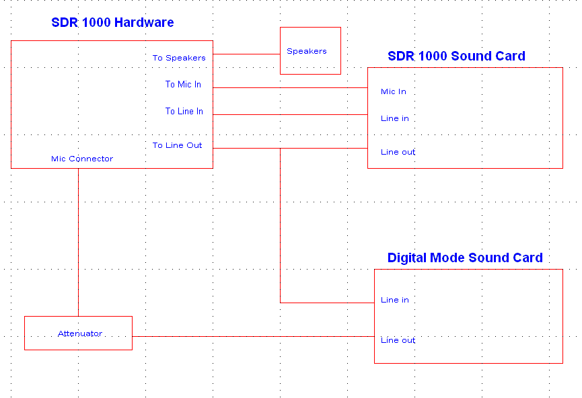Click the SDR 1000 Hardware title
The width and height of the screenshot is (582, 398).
[x=112, y=22]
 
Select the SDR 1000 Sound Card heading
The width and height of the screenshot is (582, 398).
[x=457, y=56]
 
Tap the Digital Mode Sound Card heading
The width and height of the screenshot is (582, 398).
[x=465, y=257]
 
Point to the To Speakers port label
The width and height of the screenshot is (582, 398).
[x=179, y=58]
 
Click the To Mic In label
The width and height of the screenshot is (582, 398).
[x=184, y=85]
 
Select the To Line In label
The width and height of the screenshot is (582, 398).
[x=184, y=112]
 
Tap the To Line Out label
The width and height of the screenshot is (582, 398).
[x=177, y=145]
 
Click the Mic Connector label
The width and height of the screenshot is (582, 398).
[x=82, y=159]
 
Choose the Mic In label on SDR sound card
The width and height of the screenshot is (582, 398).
[x=394, y=91]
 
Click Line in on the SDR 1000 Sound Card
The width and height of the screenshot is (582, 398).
[x=395, y=118]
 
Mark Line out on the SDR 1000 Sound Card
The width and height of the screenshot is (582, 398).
[x=398, y=152]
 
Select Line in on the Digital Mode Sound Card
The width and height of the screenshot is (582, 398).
[x=395, y=300]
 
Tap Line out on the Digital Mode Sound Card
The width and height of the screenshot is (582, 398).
[x=398, y=340]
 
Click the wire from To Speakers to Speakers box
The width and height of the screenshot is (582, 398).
[x=246, y=54]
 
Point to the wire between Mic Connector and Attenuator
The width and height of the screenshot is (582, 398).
[x=78, y=242]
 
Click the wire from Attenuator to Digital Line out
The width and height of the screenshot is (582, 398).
[x=253, y=336]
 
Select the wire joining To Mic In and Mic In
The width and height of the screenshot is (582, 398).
[x=290, y=88]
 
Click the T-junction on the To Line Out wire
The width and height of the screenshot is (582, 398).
[x=281, y=149]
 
